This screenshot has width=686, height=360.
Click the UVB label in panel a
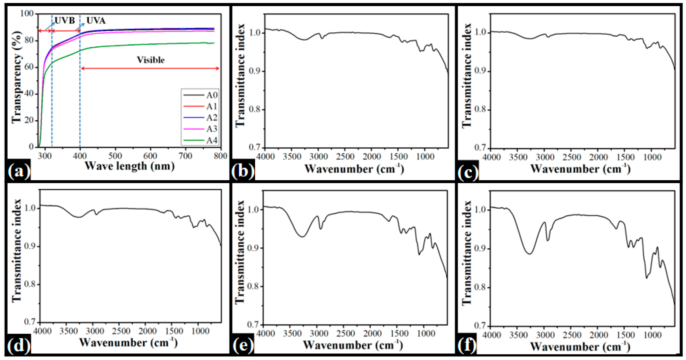pyautogui.click(x=65, y=21)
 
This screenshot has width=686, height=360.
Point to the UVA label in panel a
pyautogui.click(x=96, y=21)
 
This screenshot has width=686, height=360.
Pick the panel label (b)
pyautogui.click(x=243, y=171)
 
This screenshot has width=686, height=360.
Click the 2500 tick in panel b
pyautogui.click(x=345, y=157)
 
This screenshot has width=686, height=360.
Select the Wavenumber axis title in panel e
pyautogui.click(x=353, y=345)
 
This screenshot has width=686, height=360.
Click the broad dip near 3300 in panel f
pyautogui.click(x=529, y=253)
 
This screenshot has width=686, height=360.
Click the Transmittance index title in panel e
pyautogui.click(x=240, y=252)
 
